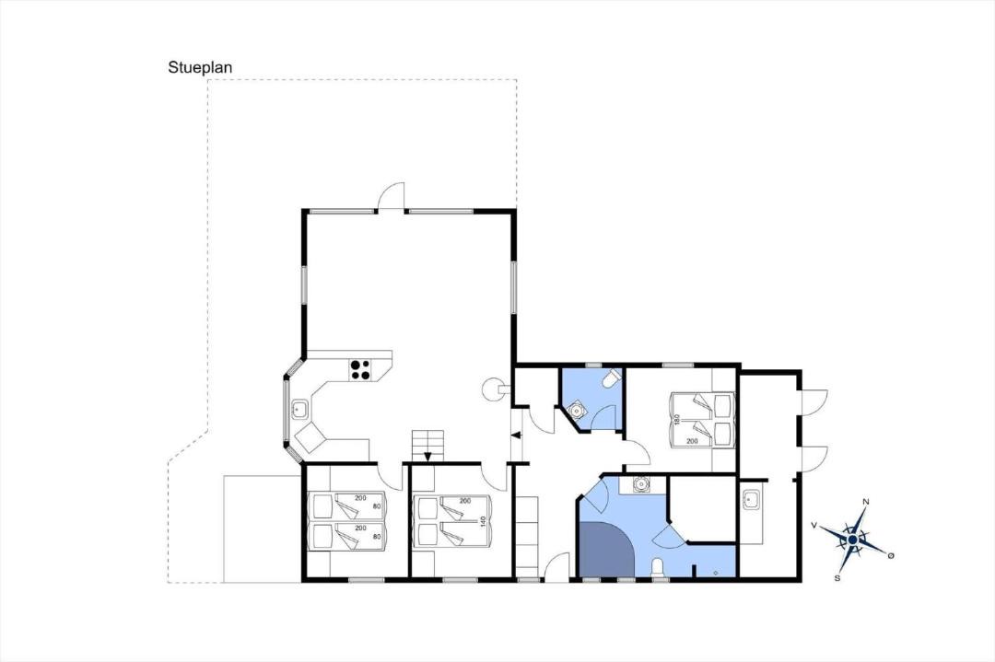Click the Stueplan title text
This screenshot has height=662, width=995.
201,68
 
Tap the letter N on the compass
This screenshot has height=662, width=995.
865,502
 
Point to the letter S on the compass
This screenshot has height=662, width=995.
837,577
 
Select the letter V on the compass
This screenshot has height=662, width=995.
814,525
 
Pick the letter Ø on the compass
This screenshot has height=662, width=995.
891,555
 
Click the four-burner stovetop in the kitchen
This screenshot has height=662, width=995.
360,370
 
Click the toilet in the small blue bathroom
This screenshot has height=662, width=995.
612,377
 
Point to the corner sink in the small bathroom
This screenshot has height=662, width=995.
577,411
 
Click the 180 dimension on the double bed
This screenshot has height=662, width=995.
676,420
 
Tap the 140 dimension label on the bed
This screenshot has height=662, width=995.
483,522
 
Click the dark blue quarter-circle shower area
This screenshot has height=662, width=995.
603,552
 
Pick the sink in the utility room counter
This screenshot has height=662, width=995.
752,498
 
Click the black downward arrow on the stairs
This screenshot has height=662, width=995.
427,455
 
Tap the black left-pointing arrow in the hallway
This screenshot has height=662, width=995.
516,435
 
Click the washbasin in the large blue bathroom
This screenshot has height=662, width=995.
642,485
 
